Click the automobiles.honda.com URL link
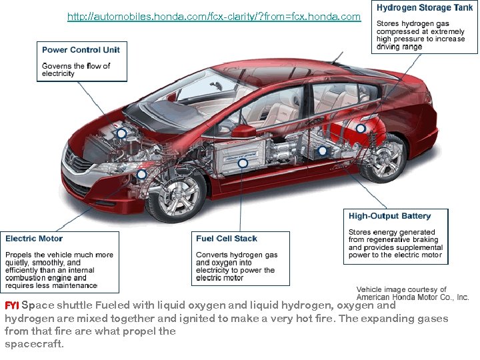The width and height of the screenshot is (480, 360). pos(214,16)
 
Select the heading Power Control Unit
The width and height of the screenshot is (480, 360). pos(81,50)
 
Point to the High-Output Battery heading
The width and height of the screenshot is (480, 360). pos(389,216)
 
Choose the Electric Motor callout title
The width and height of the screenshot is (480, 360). pos(34,239)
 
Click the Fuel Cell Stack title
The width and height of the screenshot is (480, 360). pos(226,239)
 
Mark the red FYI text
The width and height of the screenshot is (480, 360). pos(12,305)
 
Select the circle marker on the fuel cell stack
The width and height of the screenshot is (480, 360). pos(243,163)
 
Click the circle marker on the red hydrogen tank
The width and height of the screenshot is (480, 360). pos(361,129)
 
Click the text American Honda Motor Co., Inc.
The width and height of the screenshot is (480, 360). pos(413,297)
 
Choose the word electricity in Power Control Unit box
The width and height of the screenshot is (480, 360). pos(58,74)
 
